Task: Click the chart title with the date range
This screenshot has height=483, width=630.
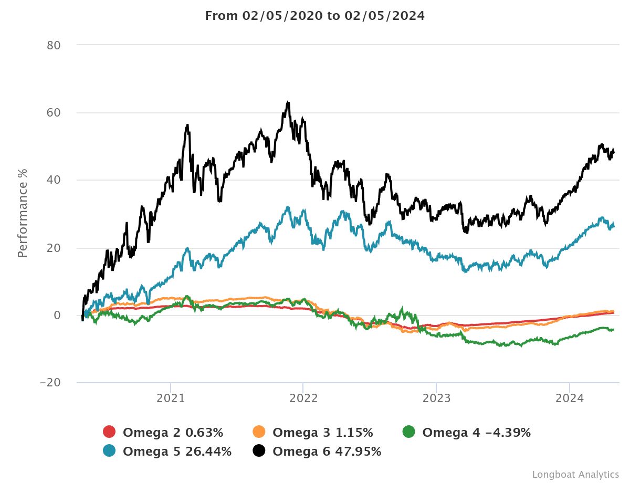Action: (314, 16)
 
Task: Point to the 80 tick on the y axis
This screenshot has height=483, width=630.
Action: (54, 45)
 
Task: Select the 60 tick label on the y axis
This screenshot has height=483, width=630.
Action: (54, 113)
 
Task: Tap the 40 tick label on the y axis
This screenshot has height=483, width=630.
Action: (54, 180)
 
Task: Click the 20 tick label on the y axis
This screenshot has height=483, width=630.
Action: (54, 248)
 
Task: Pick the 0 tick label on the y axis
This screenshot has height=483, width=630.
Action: (58, 315)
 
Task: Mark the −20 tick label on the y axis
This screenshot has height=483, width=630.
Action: (50, 383)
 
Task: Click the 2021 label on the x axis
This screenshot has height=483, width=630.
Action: (171, 398)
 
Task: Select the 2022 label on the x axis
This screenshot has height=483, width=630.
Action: (303, 398)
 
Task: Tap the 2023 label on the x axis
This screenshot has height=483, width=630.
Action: (436, 398)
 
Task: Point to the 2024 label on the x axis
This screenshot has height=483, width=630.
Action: (570, 398)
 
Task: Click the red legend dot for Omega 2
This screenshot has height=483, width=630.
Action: (109, 433)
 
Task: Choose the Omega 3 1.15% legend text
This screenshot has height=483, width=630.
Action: (323, 433)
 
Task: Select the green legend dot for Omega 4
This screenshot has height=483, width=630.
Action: (408, 433)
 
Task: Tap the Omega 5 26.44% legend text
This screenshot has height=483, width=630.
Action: (177, 451)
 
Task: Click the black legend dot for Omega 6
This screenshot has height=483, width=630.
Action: (259, 451)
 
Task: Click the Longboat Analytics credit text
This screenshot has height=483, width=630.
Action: (575, 475)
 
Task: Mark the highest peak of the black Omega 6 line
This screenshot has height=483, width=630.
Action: (288, 102)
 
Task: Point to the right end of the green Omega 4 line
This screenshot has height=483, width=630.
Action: (613, 329)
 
